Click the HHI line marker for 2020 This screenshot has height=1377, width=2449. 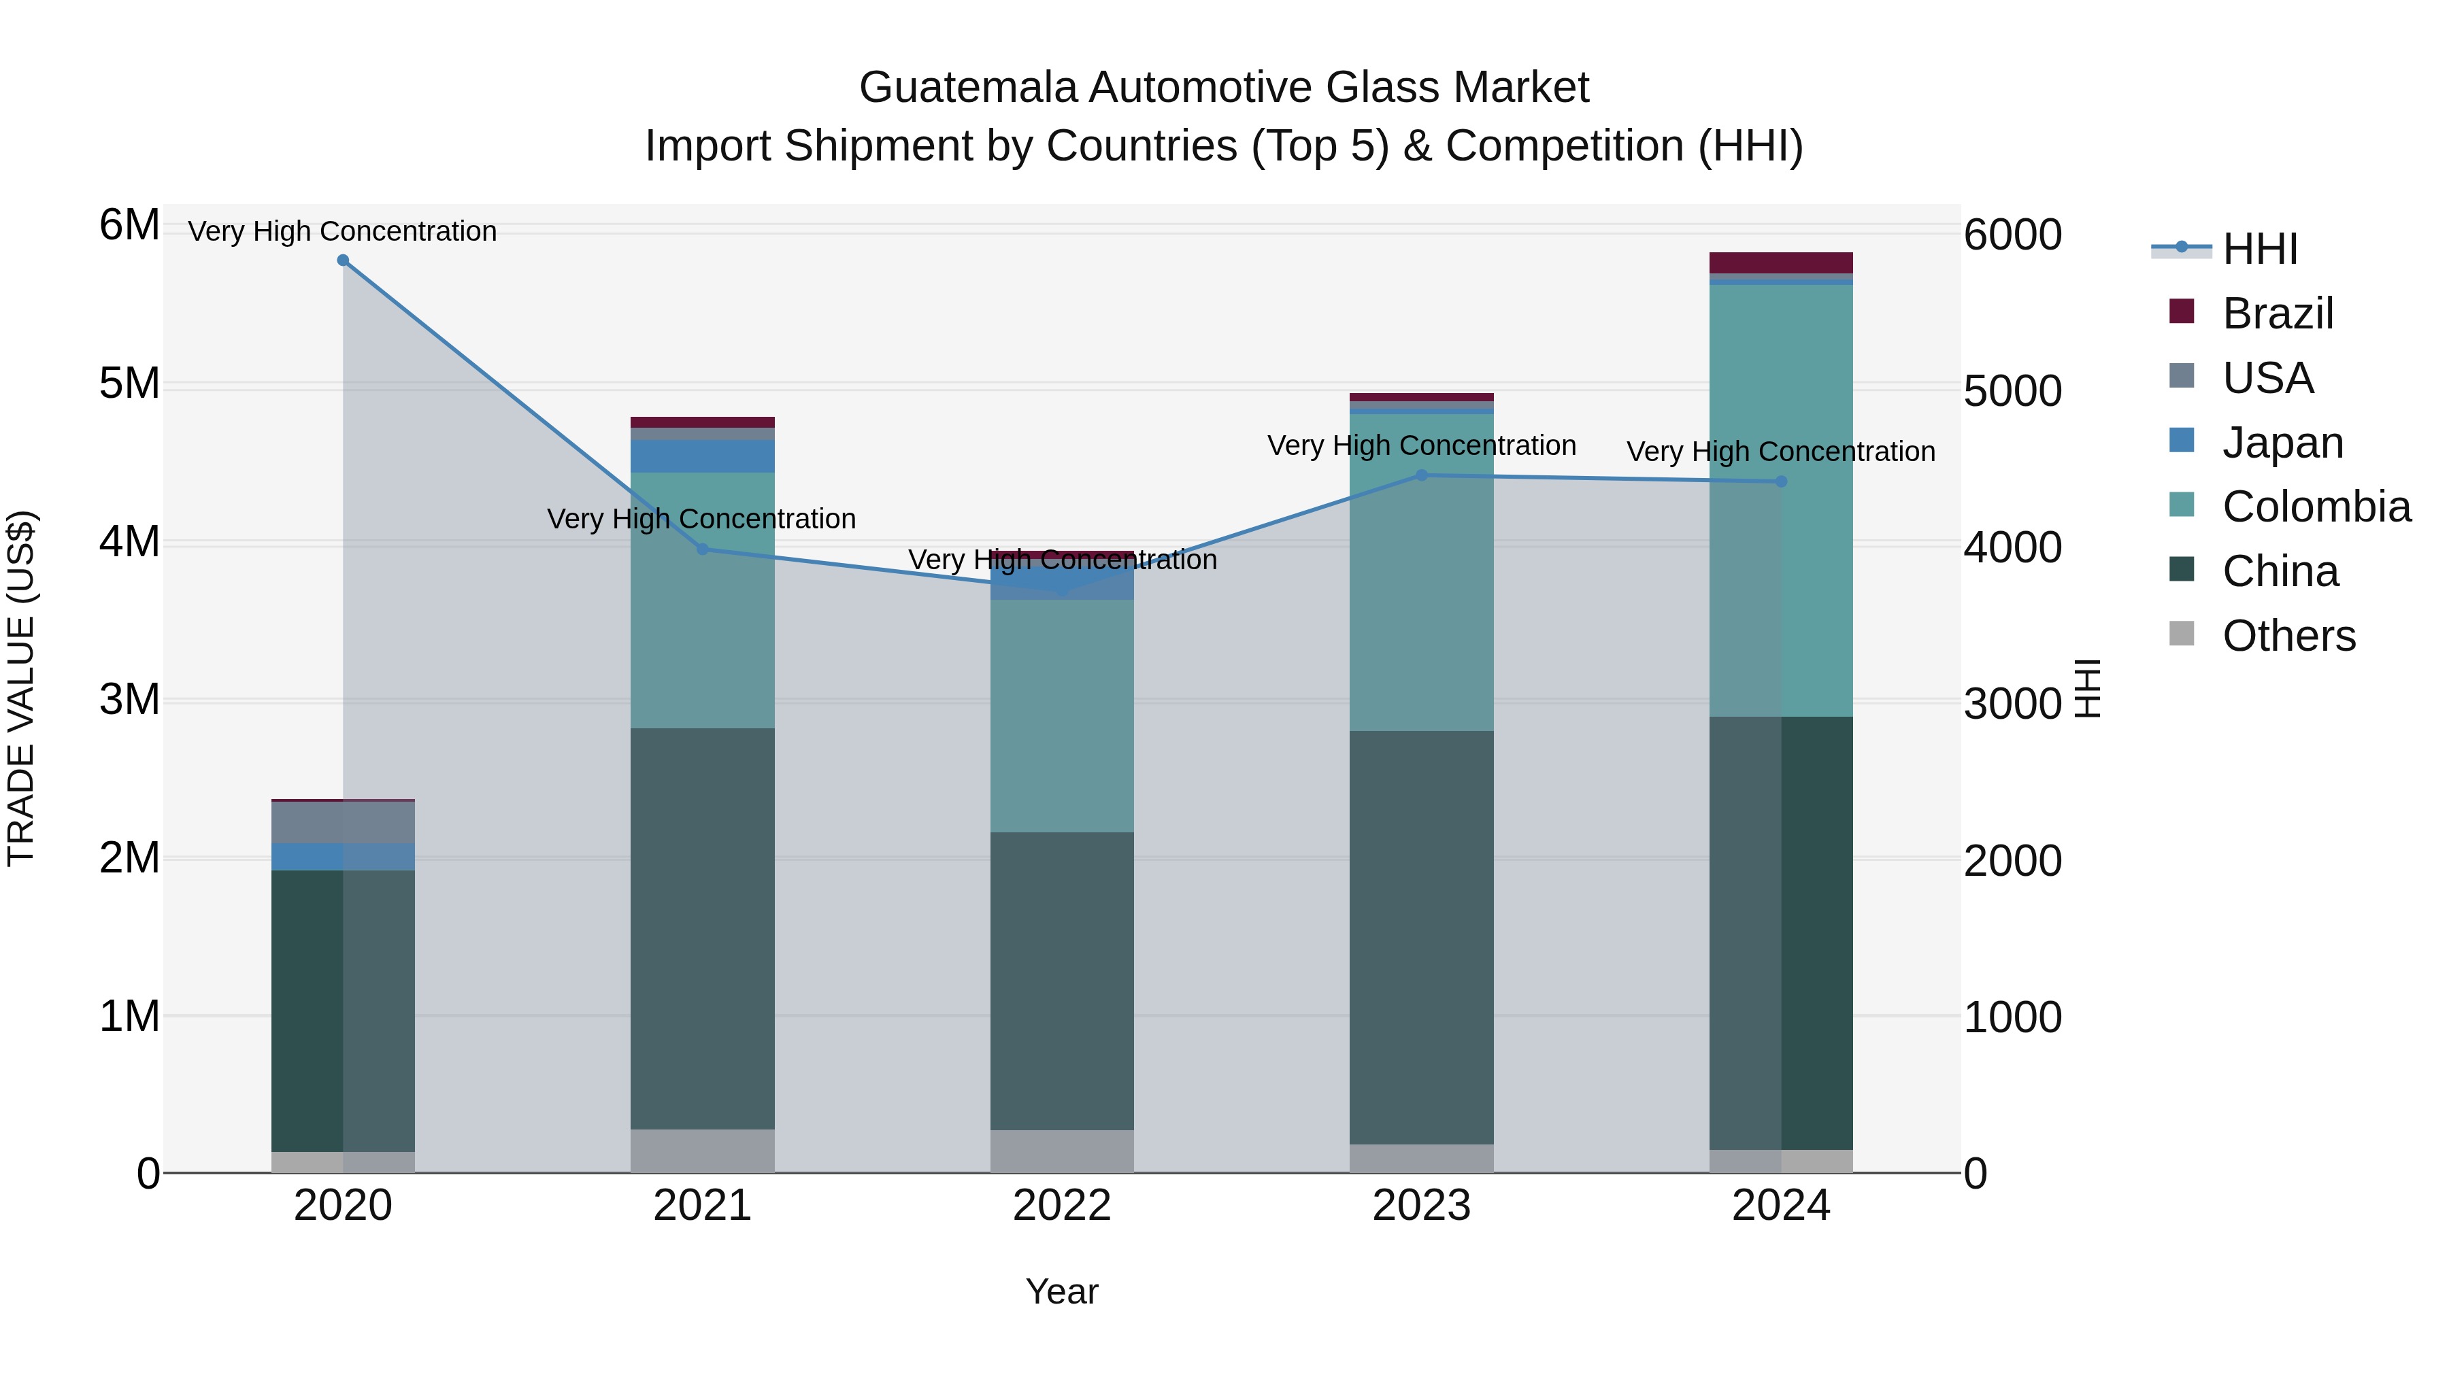pos(344,260)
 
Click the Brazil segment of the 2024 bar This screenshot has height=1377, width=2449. pos(1781,262)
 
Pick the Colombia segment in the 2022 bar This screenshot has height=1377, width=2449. pos(1062,715)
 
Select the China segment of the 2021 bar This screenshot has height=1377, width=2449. pos(703,928)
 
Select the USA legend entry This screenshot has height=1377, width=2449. pos(2267,378)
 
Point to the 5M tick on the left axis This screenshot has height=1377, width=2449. pos(129,384)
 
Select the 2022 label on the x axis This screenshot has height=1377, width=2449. pos(1062,1206)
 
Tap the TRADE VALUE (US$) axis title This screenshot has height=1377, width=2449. pos(22,688)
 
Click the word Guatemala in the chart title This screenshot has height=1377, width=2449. pos(968,88)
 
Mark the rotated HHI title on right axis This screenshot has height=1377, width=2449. pos(2087,688)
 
